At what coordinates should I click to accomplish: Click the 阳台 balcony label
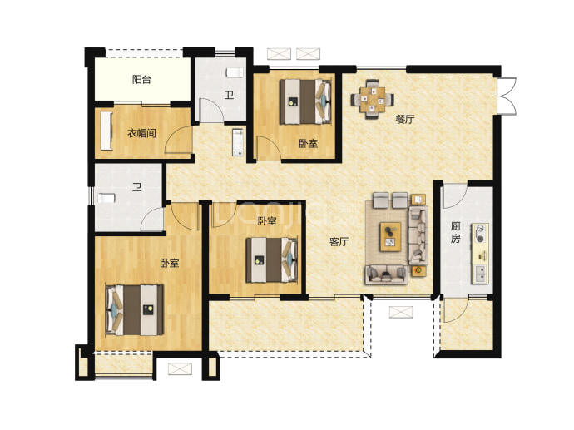pyautogui.click(x=141, y=79)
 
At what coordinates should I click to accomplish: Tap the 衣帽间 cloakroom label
pyautogui.click(x=141, y=133)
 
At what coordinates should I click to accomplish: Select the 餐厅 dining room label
pyautogui.click(x=405, y=119)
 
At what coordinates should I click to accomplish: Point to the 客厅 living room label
pyautogui.click(x=339, y=241)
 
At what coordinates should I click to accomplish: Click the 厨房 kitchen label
pyautogui.click(x=455, y=233)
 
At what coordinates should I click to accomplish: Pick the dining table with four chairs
pyautogui.click(x=373, y=99)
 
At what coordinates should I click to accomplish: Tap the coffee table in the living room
pyautogui.click(x=390, y=237)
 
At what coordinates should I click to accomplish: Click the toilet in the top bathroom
pyautogui.click(x=235, y=72)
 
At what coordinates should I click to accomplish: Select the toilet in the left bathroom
pyautogui.click(x=106, y=198)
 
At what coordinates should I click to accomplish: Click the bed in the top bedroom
pyautogui.click(x=305, y=101)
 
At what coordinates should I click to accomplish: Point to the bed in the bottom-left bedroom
pyautogui.click(x=134, y=310)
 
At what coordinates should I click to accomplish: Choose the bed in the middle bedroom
pyautogui.click(x=271, y=260)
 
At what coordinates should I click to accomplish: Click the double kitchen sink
pyautogui.click(x=480, y=274)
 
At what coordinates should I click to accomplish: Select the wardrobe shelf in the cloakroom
pyautogui.click(x=106, y=131)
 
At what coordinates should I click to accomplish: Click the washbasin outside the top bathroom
pyautogui.click(x=238, y=142)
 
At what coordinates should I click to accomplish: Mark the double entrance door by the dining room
pyautogui.click(x=507, y=96)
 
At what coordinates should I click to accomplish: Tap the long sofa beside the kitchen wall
pyautogui.click(x=418, y=235)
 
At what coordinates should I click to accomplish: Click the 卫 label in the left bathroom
pyautogui.click(x=137, y=188)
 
